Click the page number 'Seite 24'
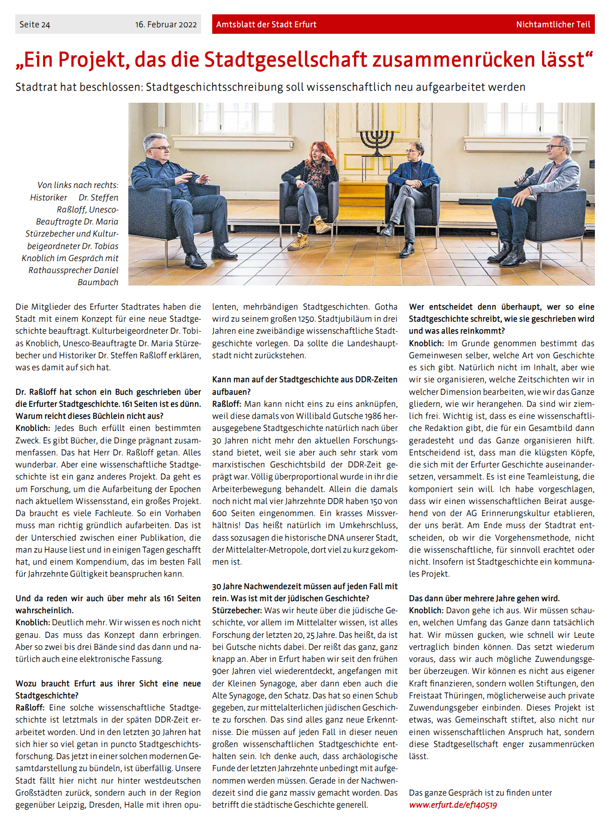coord(35,25)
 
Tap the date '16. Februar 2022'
coord(166,25)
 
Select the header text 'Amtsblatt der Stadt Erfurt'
coord(266,25)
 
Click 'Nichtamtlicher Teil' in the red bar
coord(553,25)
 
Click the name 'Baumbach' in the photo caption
coord(98,282)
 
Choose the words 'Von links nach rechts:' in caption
coord(78,185)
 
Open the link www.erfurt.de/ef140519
coord(453,805)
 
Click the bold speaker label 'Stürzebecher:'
coord(237,610)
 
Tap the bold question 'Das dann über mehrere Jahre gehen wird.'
coord(484,598)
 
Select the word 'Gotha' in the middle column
coord(385,307)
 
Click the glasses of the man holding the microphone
coord(554,146)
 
